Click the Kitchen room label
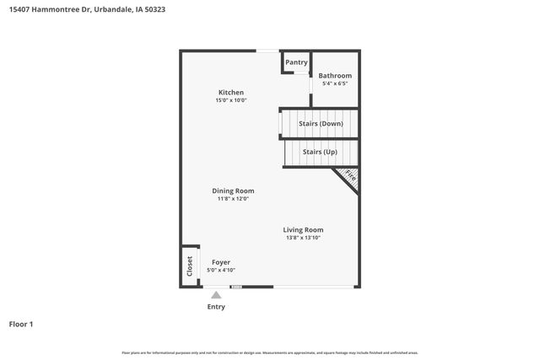pos(230,93)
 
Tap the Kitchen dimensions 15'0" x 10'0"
pos(230,100)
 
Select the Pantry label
pos(296,62)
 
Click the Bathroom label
pos(335,76)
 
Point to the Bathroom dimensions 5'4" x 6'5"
pos(335,83)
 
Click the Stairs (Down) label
pos(321,124)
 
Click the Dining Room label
pos(233,191)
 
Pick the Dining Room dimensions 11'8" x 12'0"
pos(233,198)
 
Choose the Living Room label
pos(303,229)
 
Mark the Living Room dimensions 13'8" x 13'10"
pos(303,238)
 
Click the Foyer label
pos(221,262)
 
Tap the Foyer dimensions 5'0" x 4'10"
pos(221,271)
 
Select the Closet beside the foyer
pos(190,266)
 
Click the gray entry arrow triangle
pos(216,295)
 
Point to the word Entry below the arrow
pos(216,307)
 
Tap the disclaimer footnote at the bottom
pos(269,352)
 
